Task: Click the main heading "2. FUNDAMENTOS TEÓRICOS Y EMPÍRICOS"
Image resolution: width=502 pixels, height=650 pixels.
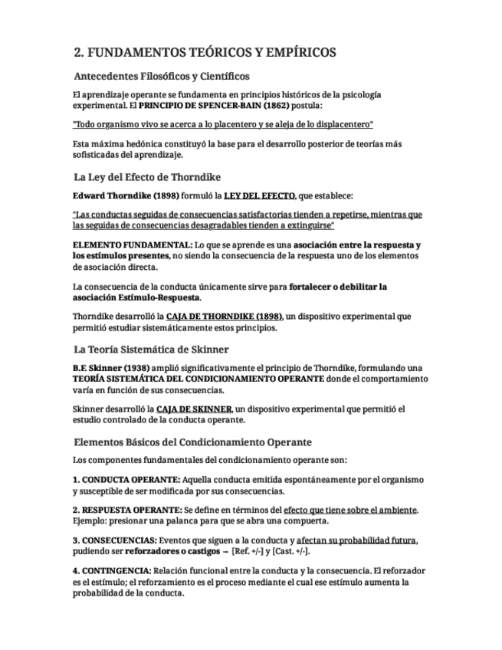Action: (205, 53)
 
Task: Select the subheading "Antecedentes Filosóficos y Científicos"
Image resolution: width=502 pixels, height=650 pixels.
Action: (161, 77)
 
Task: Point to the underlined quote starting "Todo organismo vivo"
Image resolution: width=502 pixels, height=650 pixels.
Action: (223, 124)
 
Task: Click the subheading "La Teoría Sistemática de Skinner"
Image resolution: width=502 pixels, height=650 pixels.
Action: (150, 349)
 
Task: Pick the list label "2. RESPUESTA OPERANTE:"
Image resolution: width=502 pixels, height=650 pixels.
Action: (127, 510)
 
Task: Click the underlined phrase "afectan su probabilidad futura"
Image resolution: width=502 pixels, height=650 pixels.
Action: (356, 540)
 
